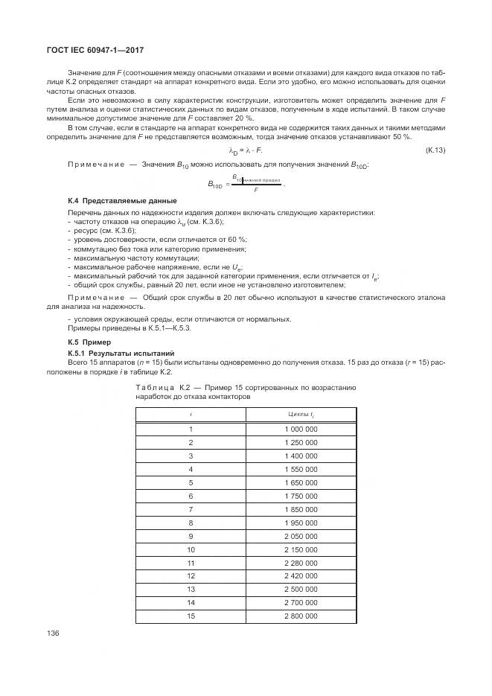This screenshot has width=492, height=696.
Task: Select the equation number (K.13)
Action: point(435,151)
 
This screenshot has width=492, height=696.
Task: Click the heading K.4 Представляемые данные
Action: point(112,201)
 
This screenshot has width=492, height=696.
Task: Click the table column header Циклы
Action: point(301,413)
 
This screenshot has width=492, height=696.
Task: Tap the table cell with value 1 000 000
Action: point(301,429)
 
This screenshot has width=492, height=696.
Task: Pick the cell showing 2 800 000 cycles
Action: point(301,616)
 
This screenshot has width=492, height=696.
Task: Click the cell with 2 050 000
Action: point(301,535)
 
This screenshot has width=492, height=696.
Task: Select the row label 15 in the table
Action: point(191,616)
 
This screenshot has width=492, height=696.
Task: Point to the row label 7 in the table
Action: point(191,508)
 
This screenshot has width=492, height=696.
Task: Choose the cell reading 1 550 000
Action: point(301,469)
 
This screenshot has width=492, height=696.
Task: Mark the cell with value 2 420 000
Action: point(301,575)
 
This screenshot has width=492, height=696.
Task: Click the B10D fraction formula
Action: point(246,183)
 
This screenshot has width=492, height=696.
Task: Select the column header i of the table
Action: point(191,413)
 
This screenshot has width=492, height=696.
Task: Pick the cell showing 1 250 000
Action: point(301,442)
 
